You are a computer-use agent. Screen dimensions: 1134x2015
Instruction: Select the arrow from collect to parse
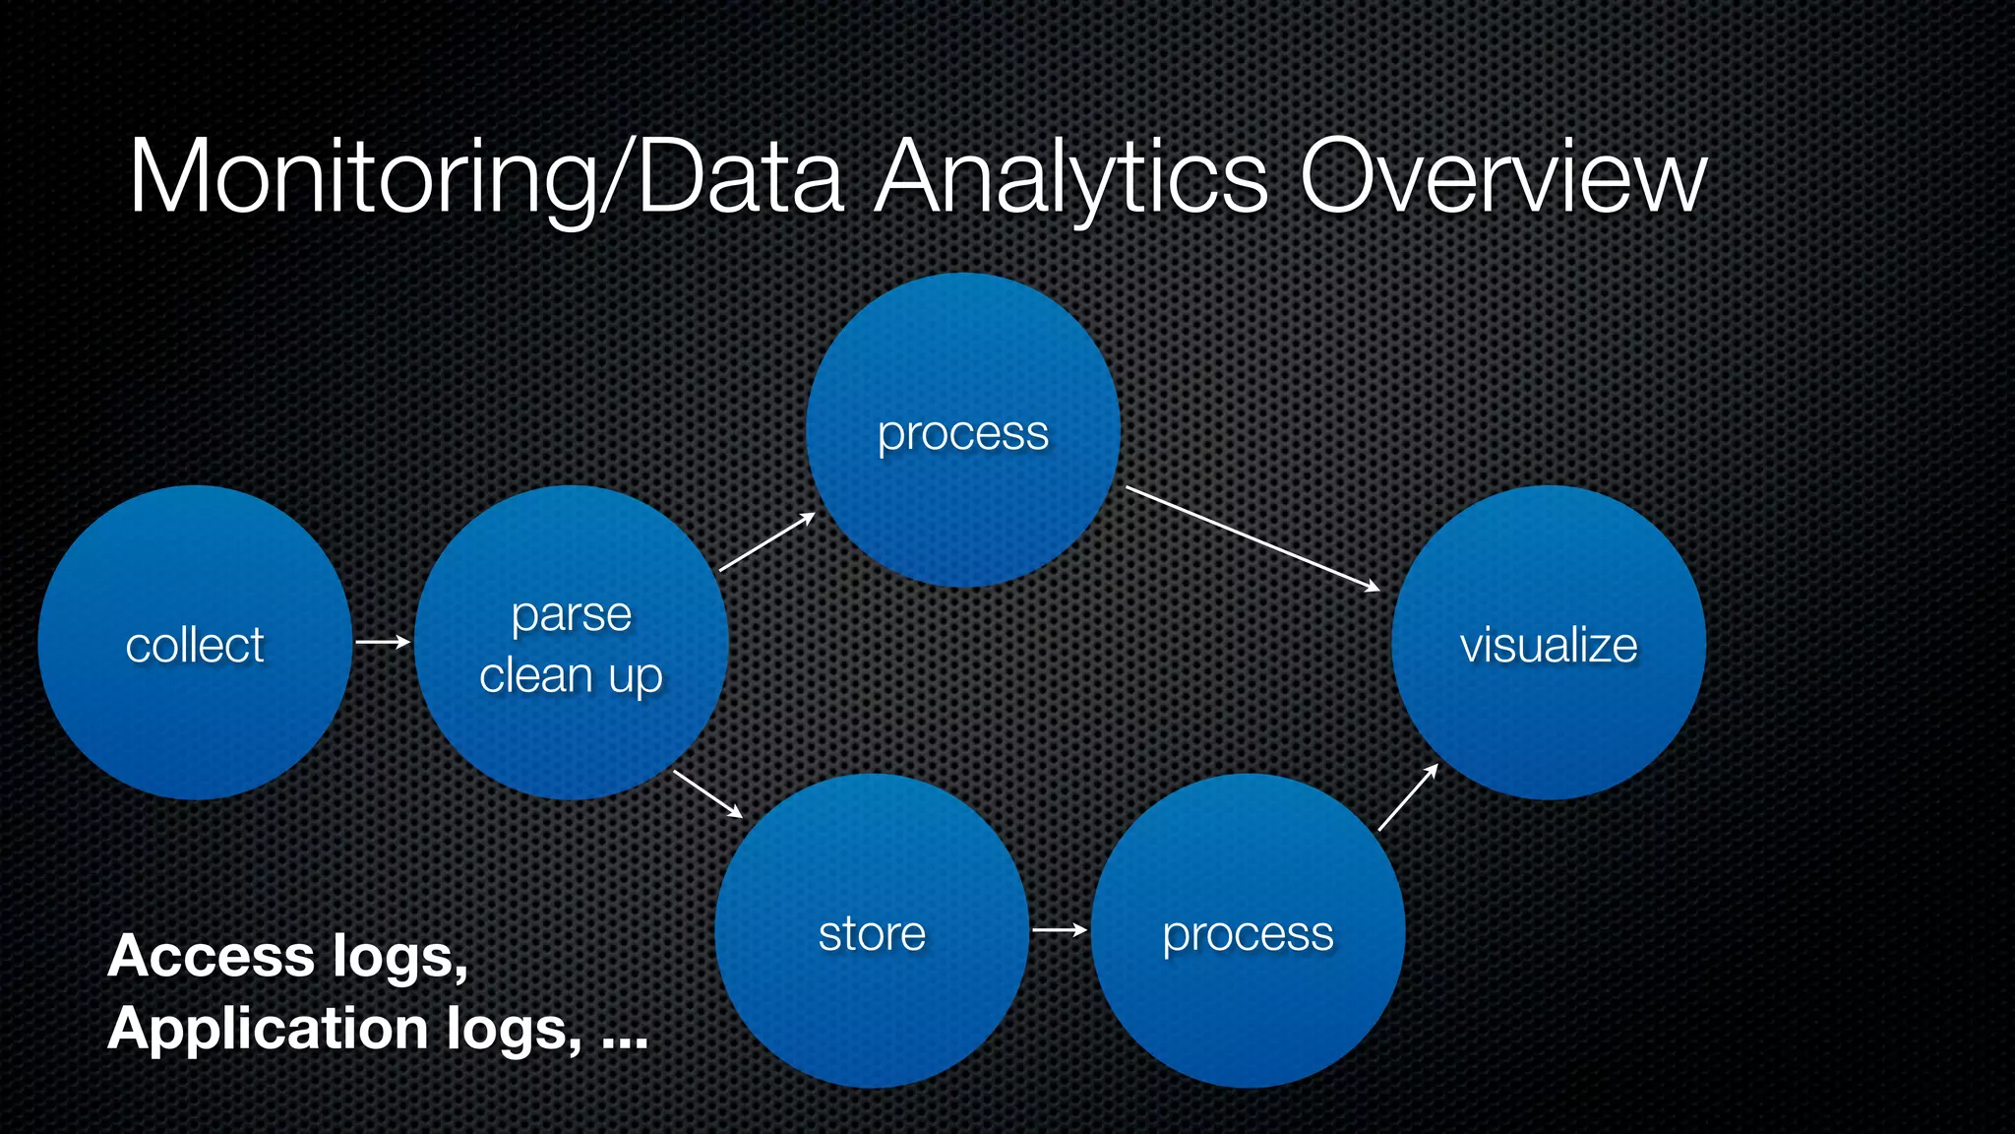point(383,642)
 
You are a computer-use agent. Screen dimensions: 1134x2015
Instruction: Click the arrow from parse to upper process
point(767,541)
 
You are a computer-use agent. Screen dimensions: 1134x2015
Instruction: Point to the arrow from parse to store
point(707,793)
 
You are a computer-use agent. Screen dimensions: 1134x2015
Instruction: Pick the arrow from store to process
point(1060,929)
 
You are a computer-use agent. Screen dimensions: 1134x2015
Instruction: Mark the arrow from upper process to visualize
point(1252,538)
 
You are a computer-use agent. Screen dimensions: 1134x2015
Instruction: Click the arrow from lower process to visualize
point(1408,796)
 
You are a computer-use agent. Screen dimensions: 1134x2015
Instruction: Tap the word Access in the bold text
point(211,956)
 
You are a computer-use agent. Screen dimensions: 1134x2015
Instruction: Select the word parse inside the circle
point(571,616)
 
